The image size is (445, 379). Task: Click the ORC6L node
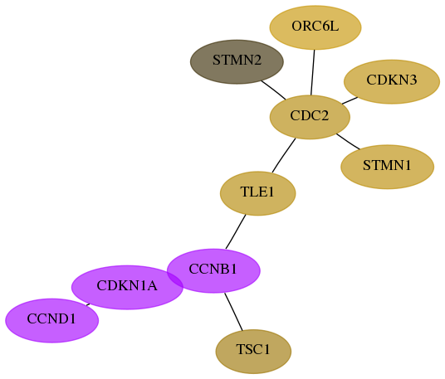click(x=315, y=27)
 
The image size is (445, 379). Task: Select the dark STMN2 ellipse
click(x=237, y=62)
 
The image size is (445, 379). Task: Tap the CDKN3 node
click(x=392, y=81)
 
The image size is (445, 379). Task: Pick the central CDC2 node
click(x=310, y=117)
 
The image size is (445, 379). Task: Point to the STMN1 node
click(x=388, y=167)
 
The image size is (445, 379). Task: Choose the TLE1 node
click(x=258, y=193)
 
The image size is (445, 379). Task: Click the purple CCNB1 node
click(x=213, y=270)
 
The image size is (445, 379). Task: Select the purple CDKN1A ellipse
click(x=127, y=288)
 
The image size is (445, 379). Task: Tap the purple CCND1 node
click(x=52, y=321)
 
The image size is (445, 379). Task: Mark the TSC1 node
click(x=253, y=352)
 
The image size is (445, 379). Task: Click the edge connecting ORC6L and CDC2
click(x=313, y=73)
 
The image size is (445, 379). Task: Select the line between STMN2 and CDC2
click(x=274, y=90)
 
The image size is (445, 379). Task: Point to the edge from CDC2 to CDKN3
click(x=350, y=100)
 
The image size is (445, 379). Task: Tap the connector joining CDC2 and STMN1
click(x=348, y=141)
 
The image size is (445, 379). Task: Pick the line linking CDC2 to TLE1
click(x=283, y=155)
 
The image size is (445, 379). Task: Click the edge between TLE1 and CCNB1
click(x=236, y=232)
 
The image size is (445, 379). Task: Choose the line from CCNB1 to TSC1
click(x=233, y=312)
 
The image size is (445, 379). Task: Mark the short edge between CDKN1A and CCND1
click(x=88, y=304)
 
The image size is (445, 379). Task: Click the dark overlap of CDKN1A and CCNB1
click(x=175, y=279)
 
